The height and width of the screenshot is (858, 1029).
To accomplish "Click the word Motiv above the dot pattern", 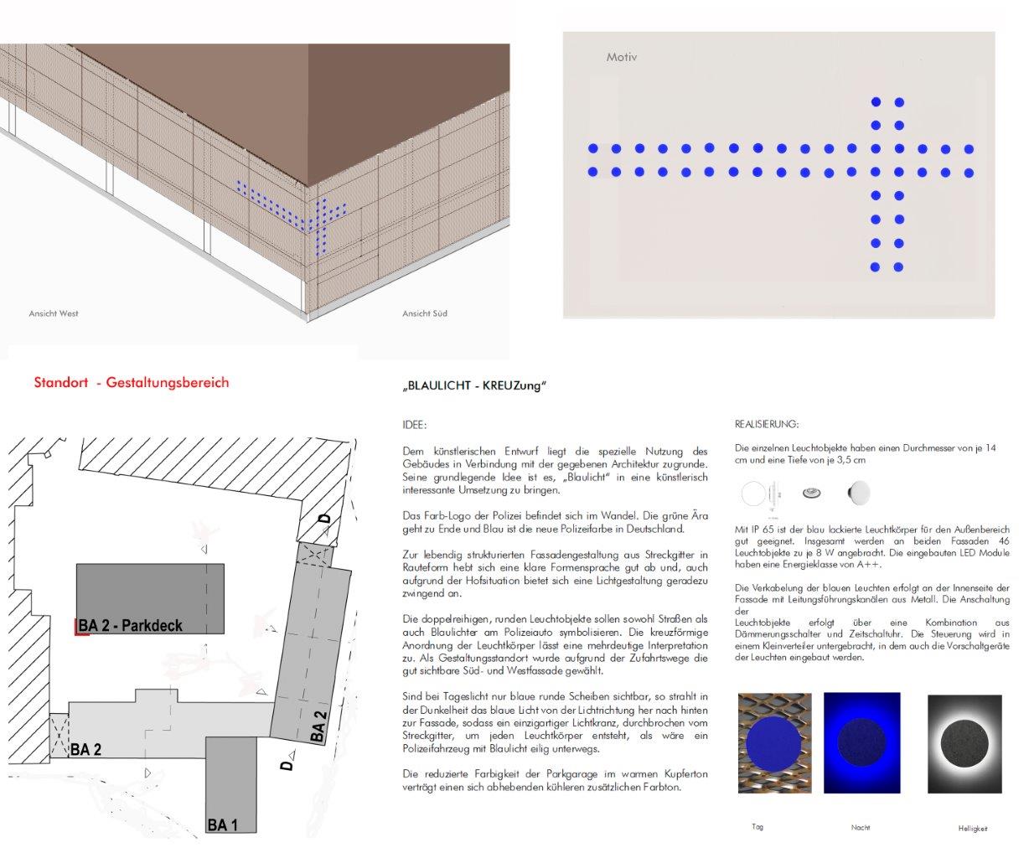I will click(x=621, y=58).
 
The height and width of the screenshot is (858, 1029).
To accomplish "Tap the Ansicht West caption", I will click(x=54, y=313).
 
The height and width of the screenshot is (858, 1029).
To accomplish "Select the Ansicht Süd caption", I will click(x=425, y=313).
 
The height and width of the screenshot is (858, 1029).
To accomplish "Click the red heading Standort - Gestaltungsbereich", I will click(x=132, y=382).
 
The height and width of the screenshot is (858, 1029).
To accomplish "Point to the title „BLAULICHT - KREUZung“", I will click(x=474, y=386).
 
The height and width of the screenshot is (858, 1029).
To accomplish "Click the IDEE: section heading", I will click(x=414, y=426).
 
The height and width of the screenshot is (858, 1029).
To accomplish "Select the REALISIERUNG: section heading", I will click(x=767, y=424).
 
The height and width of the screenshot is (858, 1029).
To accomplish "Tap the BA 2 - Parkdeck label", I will click(x=131, y=625).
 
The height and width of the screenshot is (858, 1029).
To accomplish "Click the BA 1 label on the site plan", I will click(x=222, y=825).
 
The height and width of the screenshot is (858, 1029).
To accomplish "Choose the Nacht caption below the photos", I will click(x=860, y=827).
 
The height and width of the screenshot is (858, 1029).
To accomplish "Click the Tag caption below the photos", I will click(x=758, y=827).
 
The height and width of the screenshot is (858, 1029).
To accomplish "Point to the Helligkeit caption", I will click(x=973, y=828).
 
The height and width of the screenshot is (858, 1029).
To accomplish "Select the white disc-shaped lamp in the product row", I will click(x=858, y=494).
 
